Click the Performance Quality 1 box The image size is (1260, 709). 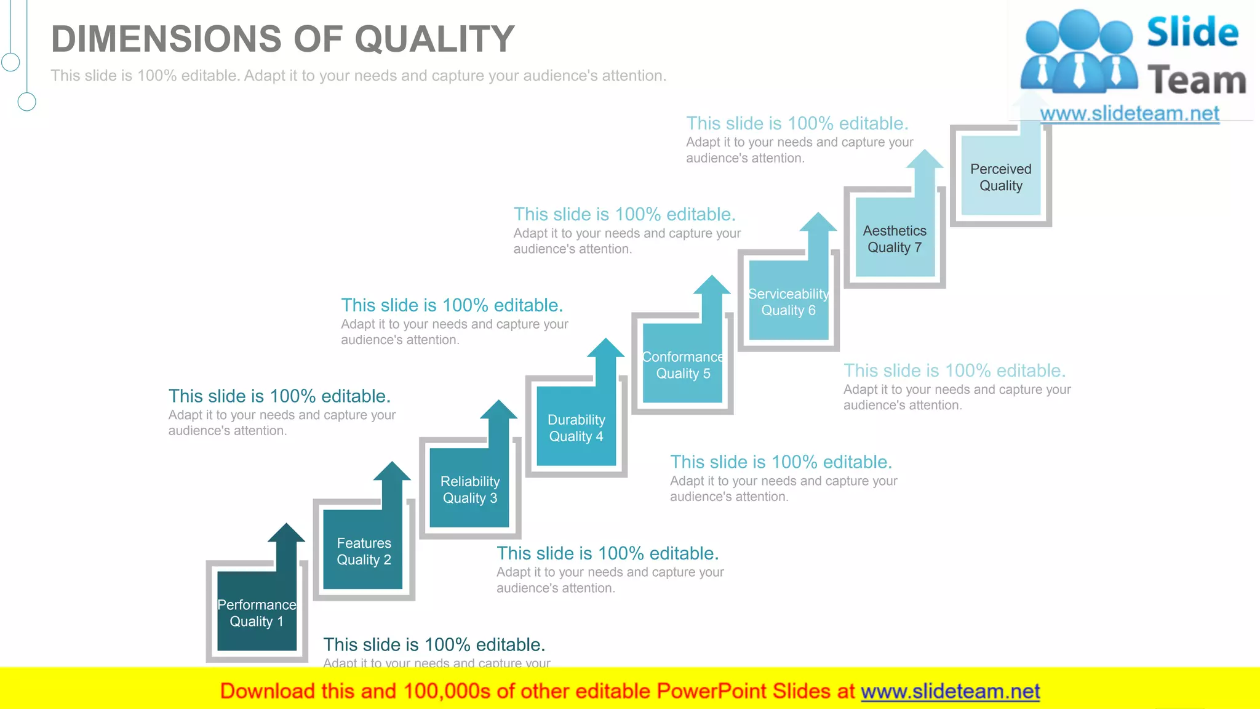coord(257,612)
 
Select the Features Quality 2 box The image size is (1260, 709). coord(363,550)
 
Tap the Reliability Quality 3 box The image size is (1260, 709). coord(469,489)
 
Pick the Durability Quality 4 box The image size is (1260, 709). coord(576,427)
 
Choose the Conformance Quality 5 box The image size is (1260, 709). coord(682,364)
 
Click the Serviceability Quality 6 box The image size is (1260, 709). coord(788,302)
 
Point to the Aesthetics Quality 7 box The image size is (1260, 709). coord(895,238)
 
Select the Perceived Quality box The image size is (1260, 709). coord(1000,177)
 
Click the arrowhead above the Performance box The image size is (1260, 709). coord(286,534)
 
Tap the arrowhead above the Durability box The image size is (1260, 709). coord(606,348)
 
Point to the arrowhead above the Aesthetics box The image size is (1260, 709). coord(925,159)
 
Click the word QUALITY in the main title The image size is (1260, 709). coord(434,39)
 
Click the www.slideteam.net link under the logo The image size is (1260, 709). coord(1130,113)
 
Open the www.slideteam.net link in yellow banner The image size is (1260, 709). coord(950,691)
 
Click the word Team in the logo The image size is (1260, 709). coord(1197,81)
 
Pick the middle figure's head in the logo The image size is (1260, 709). coord(1080,28)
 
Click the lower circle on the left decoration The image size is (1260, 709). coord(26,102)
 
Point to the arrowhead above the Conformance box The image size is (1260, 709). coord(712,286)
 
